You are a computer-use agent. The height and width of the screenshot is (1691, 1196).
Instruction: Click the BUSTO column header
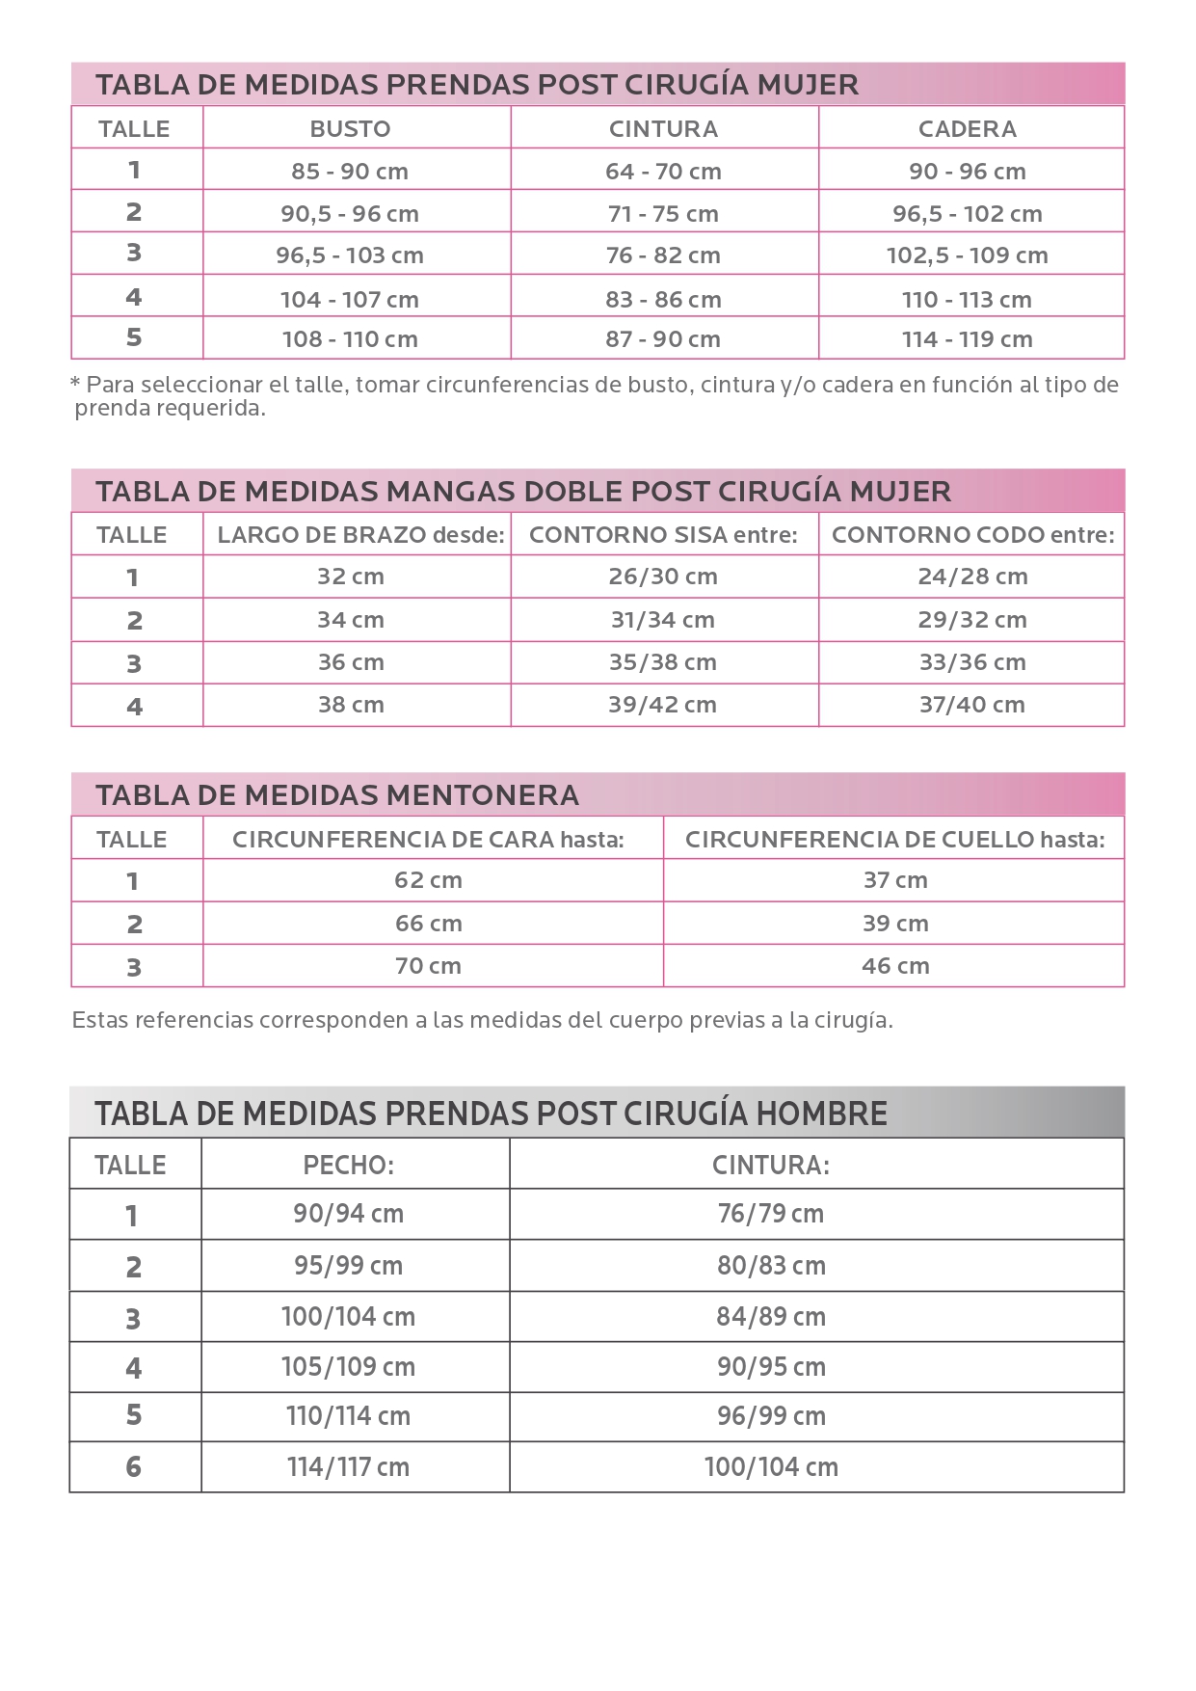[350, 129]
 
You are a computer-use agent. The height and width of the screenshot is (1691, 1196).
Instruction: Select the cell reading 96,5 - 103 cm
[350, 255]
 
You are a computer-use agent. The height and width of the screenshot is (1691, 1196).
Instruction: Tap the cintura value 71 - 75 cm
[663, 214]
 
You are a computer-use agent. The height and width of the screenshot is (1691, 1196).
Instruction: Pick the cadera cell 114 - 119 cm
[967, 339]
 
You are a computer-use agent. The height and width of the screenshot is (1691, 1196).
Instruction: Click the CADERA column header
[967, 129]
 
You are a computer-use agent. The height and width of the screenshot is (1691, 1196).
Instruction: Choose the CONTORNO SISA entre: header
[663, 535]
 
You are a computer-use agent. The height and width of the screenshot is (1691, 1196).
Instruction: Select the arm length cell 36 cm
[351, 662]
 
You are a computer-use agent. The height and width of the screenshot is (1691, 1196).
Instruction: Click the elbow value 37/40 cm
[971, 705]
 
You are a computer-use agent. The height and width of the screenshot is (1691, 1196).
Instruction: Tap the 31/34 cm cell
[663, 620]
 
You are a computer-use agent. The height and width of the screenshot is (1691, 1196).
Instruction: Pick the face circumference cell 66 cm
[429, 924]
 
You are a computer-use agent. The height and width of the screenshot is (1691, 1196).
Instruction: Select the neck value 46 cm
[895, 966]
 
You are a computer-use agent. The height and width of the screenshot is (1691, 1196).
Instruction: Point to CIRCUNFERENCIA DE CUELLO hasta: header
[894, 840]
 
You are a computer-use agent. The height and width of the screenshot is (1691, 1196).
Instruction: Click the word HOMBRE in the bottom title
[821, 1114]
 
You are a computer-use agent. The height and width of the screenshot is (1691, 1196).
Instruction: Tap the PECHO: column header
[349, 1166]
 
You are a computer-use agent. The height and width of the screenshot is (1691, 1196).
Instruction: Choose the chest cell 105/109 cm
[349, 1367]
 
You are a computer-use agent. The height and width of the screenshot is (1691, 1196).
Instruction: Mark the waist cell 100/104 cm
[771, 1467]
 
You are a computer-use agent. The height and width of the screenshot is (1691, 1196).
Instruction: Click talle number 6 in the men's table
[133, 1467]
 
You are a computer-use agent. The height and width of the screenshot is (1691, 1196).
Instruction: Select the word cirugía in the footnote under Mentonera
[855, 1020]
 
